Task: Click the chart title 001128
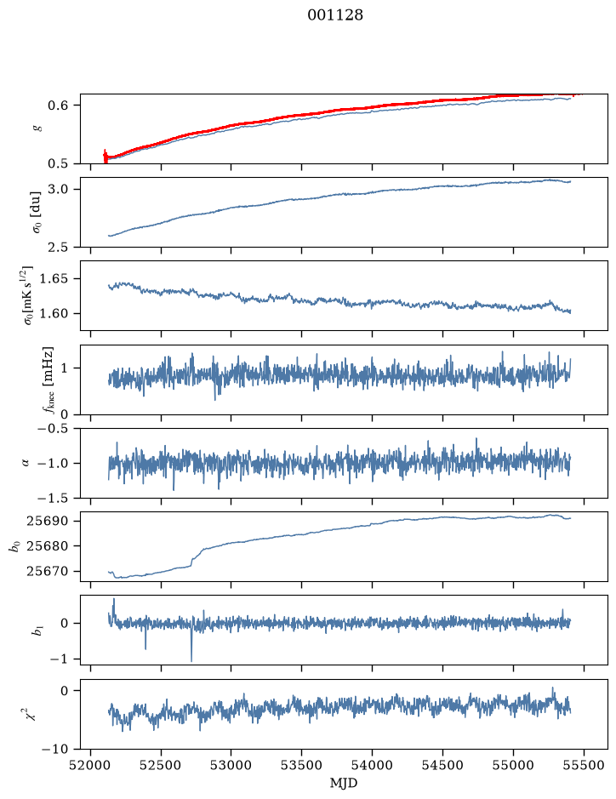click(334, 15)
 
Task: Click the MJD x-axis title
click(344, 783)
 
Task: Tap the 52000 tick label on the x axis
click(91, 765)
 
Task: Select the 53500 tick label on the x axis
click(302, 765)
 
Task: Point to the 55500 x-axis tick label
click(584, 765)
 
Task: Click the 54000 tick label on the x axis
click(372, 765)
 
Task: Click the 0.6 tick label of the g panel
click(58, 105)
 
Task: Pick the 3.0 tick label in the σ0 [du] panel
click(58, 189)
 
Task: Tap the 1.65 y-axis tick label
click(54, 279)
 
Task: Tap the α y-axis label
click(26, 463)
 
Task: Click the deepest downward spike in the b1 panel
click(191, 660)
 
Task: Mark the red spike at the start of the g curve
click(106, 156)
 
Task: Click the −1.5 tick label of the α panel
click(54, 498)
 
